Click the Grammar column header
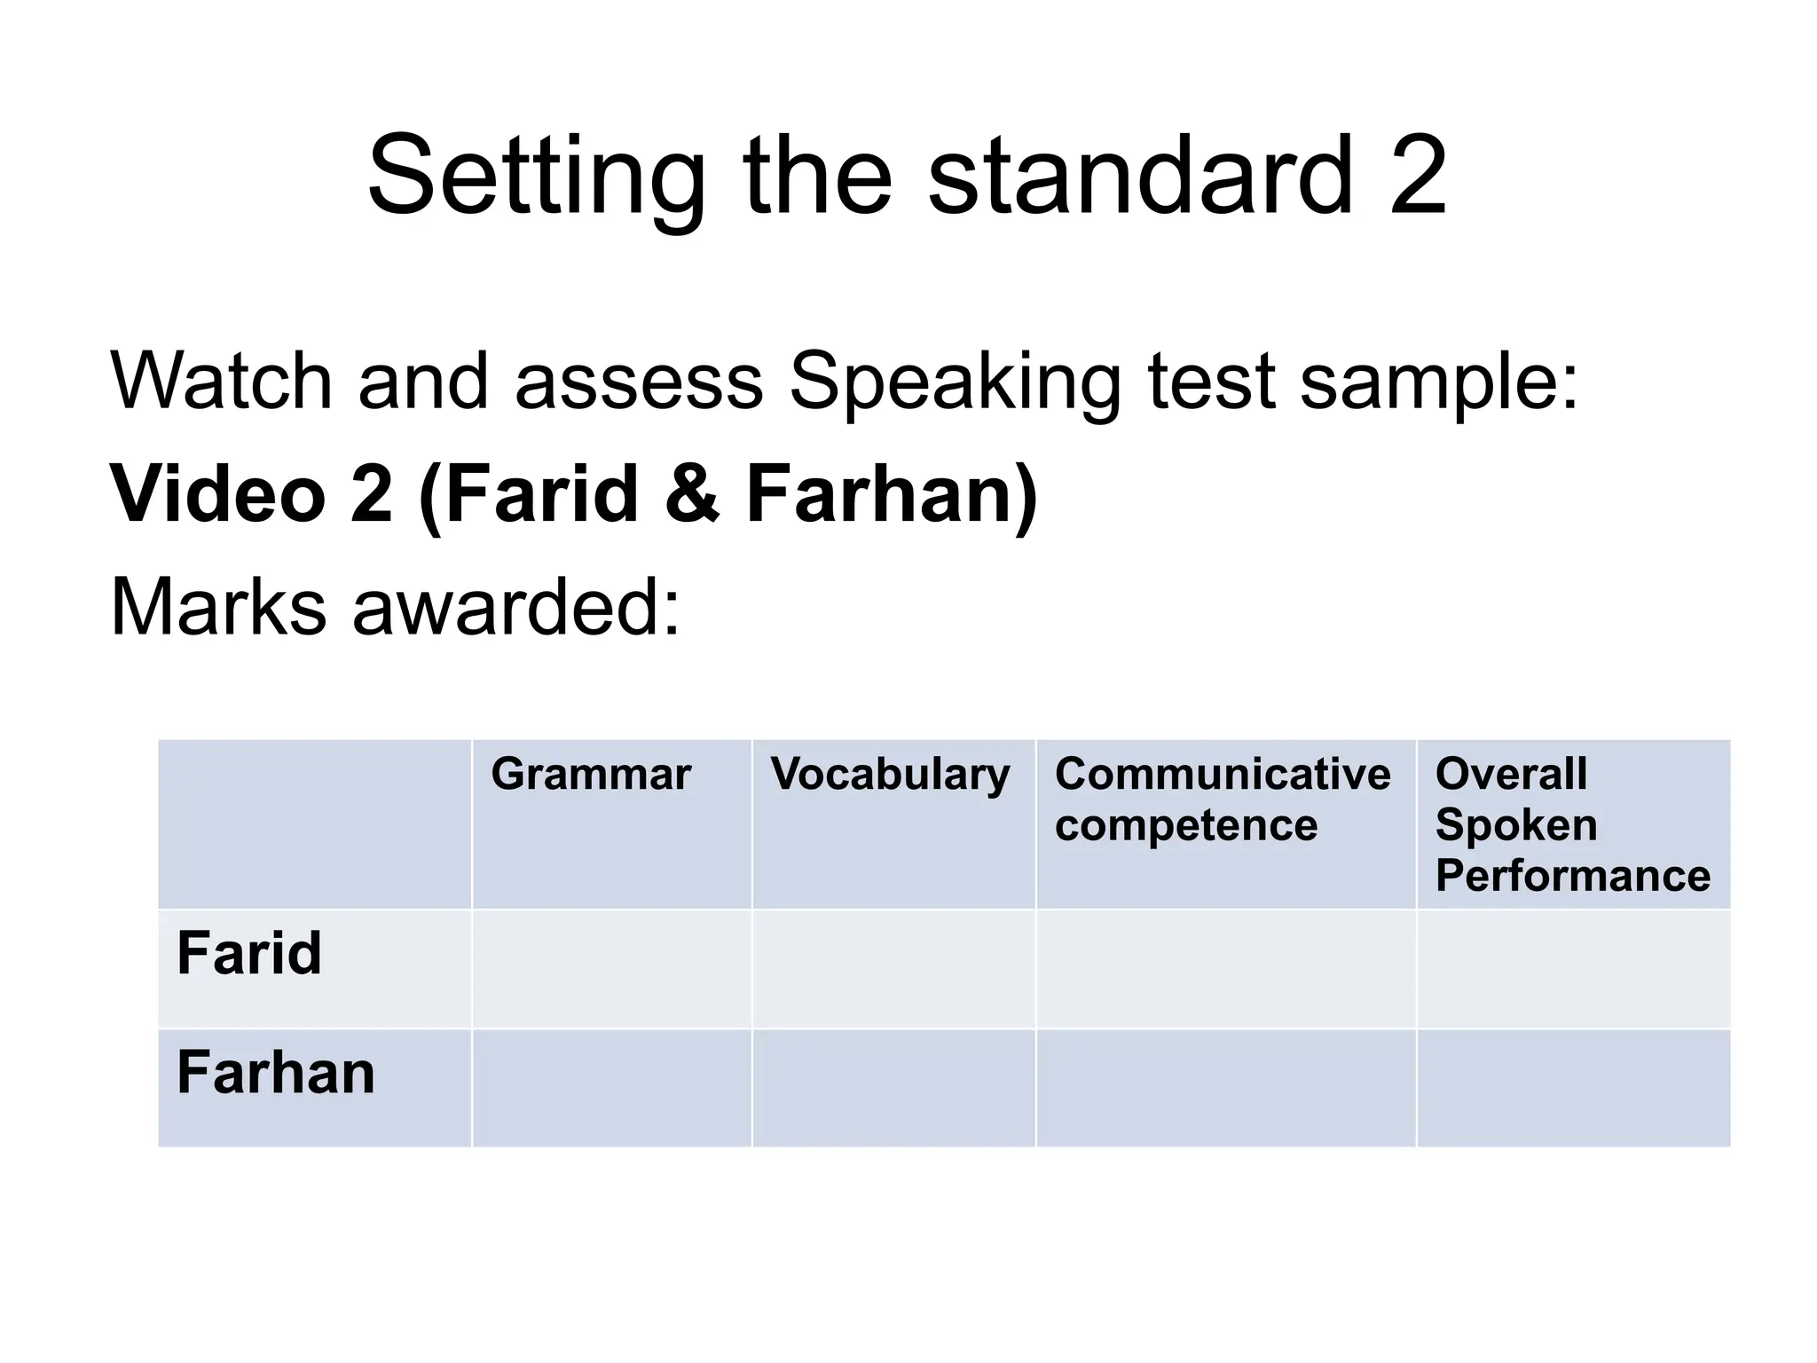coord(591,774)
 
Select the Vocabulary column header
coord(890,774)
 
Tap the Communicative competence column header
coord(1222,799)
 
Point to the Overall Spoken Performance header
coord(1572,824)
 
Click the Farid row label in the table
coord(249,953)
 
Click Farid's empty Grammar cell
coord(611,969)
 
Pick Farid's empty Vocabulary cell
coord(893,969)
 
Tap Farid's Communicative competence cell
coord(1226,969)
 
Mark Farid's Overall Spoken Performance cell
coord(1573,969)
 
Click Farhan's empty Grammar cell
coord(611,1088)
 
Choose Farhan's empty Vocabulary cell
coord(893,1088)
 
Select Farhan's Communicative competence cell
coord(1226,1088)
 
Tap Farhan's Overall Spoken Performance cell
coord(1573,1088)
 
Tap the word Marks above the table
coord(218,607)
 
